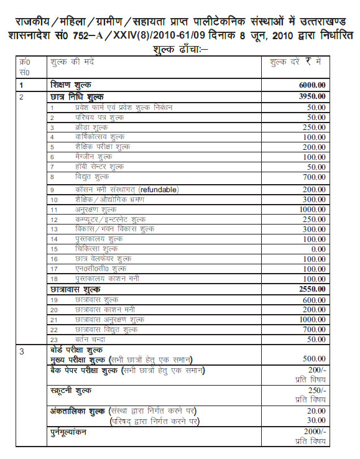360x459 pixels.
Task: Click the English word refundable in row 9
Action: tap(158, 189)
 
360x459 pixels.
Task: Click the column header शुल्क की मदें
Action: tap(71, 62)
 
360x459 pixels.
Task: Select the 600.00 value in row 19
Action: tap(313, 299)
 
